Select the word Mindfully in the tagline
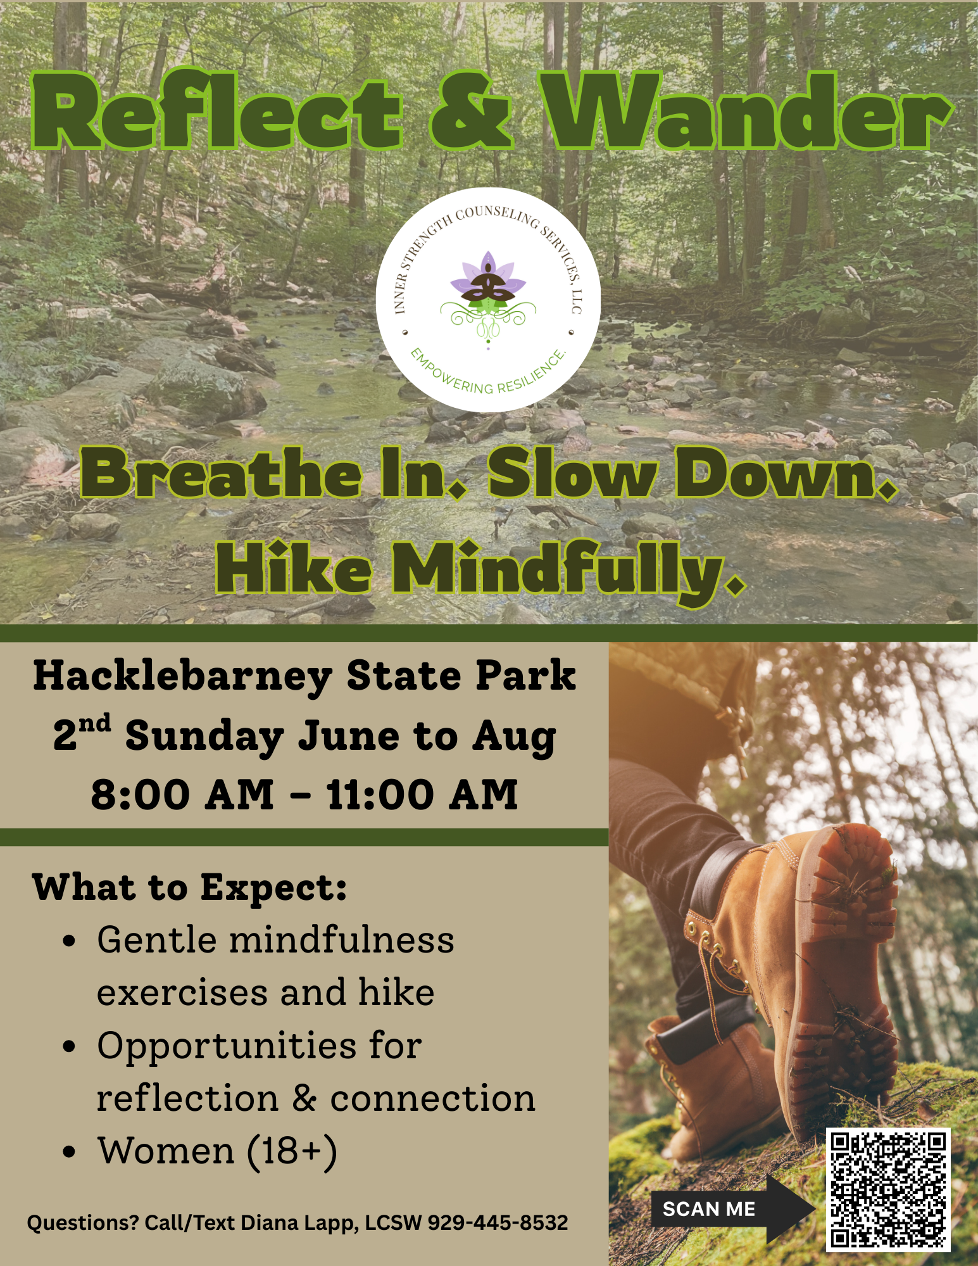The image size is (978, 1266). click(x=567, y=569)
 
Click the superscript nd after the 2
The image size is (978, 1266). click(x=95, y=723)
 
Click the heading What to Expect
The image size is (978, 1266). click(x=189, y=887)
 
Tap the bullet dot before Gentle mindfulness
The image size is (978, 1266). click(x=70, y=941)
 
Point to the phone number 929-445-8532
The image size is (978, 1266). click(x=498, y=1222)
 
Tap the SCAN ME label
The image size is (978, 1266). click(x=708, y=1209)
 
